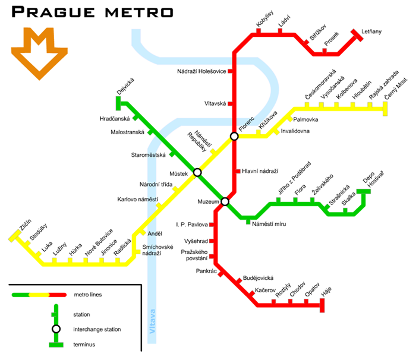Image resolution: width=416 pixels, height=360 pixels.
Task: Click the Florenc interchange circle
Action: (x=234, y=136)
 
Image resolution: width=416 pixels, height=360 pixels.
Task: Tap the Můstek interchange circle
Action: (x=197, y=172)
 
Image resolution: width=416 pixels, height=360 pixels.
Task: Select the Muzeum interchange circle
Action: (x=225, y=201)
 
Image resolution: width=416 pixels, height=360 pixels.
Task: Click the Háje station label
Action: (x=326, y=292)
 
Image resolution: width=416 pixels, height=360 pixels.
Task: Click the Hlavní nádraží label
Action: (x=260, y=171)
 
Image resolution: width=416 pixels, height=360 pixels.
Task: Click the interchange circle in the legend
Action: (x=56, y=329)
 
